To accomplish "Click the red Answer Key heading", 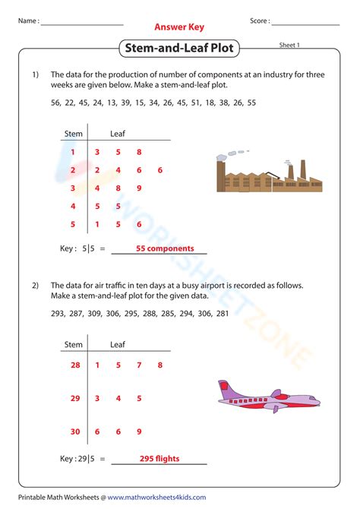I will point(180,26).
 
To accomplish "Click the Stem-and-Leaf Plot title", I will point(180,49).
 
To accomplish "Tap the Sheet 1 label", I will point(290,46).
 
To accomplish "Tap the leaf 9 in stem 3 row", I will point(139,188).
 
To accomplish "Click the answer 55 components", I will point(165,248).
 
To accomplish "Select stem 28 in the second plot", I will point(74,365).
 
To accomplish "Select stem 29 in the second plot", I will point(74,397).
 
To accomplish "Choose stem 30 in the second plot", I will point(74,431).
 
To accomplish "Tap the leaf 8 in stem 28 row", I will point(160,365).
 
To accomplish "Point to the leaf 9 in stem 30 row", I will point(139,431).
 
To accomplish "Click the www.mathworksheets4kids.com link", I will point(156,498).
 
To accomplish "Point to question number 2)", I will point(35,285).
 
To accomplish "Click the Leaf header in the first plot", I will point(118,134).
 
